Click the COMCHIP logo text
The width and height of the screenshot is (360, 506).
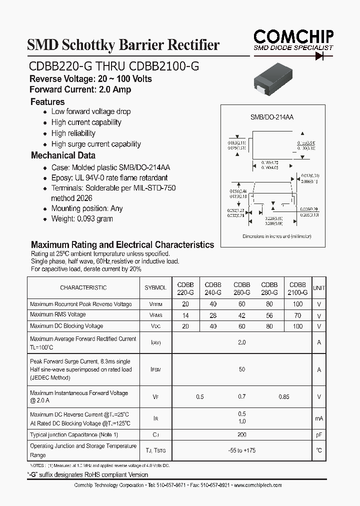293,36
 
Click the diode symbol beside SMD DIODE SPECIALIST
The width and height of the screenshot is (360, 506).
318,55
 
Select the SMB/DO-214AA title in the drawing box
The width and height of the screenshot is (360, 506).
271,117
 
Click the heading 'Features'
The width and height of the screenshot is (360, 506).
47,101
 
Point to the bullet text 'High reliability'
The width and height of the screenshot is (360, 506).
73,133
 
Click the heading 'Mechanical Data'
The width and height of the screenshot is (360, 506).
63,155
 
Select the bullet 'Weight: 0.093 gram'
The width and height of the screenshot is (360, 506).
81,219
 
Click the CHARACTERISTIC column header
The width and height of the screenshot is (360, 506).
83,288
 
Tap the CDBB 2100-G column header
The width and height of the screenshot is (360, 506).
297,288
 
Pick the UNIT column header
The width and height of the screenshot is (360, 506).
318,288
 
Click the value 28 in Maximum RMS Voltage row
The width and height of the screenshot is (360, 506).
213,315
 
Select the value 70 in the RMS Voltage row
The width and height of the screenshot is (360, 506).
297,315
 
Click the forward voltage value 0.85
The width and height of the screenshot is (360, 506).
283,397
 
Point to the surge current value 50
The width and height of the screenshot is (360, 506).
242,369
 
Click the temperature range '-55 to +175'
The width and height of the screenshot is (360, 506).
242,450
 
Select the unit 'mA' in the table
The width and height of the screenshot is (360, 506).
318,418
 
